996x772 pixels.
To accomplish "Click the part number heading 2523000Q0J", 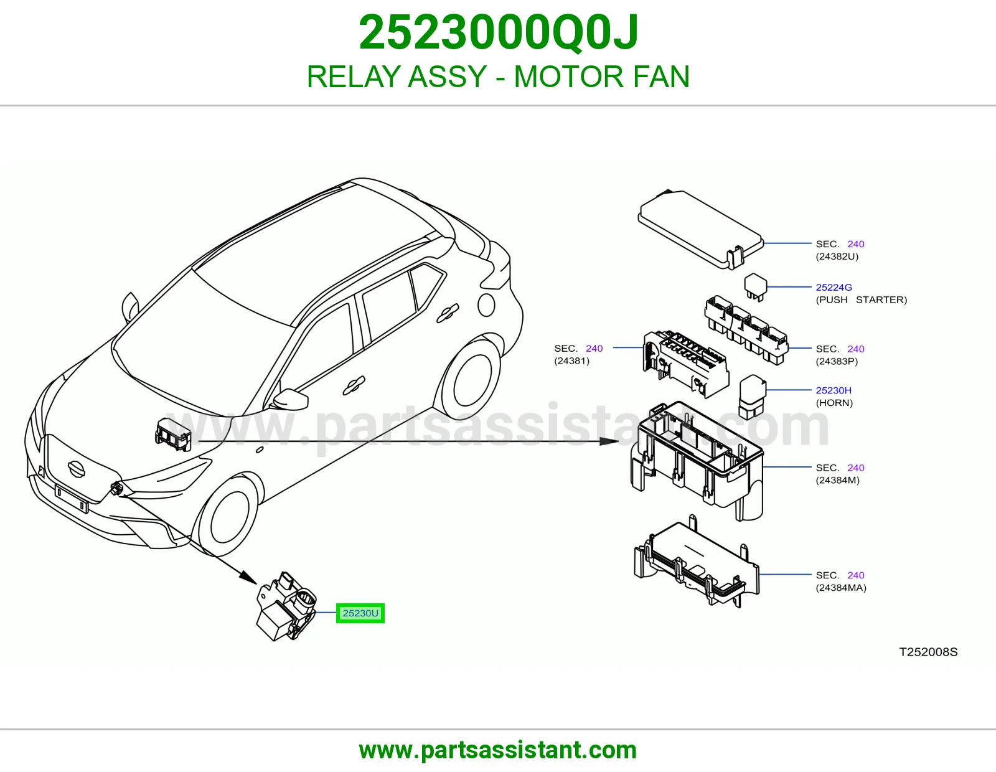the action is pos(498,32).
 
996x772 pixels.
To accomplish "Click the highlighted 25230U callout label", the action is pos(360,613).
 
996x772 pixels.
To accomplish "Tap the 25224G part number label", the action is pos(834,288).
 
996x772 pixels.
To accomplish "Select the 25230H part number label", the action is pos(834,390).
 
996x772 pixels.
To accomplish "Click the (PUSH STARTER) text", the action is pos(862,300).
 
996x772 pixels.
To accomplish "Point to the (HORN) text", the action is pos(834,403).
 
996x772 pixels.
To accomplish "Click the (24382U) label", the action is pos(837,257).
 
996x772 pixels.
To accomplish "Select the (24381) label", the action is pos(571,361).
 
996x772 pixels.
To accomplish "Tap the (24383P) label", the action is pos(837,361).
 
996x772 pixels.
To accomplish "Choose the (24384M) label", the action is pos(837,480).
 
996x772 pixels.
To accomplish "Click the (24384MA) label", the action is pos(841,588).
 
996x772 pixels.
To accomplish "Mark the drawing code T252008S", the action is pos(928,652).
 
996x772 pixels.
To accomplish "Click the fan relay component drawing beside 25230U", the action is pos(286,606).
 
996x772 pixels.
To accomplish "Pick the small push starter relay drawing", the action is pos(755,287).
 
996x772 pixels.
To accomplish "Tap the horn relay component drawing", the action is pos(752,397).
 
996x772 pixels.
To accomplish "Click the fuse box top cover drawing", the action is pos(700,230).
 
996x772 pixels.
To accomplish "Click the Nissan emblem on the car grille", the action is pos(76,469).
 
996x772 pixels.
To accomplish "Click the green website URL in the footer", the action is pos(498,750).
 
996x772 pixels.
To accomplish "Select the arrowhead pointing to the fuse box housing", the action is pos(609,441).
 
